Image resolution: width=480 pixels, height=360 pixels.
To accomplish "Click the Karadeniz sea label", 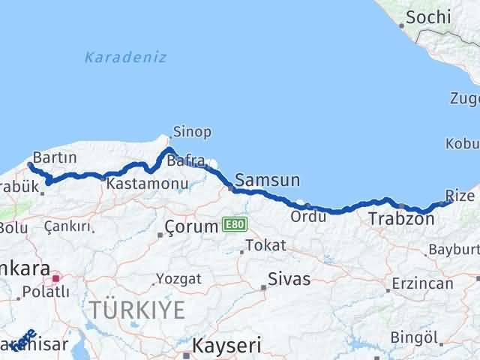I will [125, 57].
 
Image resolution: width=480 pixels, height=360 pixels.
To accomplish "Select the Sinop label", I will [191, 132].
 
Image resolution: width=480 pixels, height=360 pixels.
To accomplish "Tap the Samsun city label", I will [267, 180].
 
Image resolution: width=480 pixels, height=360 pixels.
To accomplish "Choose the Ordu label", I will [310, 217].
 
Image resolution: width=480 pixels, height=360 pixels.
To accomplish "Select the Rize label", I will [459, 196].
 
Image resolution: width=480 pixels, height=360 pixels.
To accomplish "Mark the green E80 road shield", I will [231, 224].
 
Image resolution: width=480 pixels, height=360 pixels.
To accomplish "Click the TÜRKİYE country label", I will [136, 308].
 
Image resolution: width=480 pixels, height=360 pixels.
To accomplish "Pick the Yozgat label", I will [178, 279].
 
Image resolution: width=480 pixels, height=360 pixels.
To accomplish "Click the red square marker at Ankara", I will [55, 277].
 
